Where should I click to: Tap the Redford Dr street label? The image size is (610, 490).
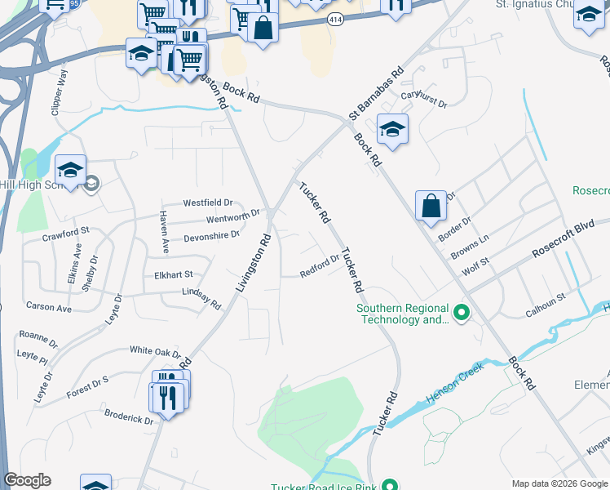(320, 266)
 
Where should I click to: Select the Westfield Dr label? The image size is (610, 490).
(208, 203)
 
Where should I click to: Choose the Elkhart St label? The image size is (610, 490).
(173, 275)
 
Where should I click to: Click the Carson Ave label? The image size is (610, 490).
(49, 308)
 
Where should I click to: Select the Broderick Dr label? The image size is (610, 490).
(129, 416)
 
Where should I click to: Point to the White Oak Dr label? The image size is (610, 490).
(155, 351)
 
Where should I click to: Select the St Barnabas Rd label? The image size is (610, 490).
(377, 94)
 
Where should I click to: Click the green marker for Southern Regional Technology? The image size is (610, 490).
(461, 313)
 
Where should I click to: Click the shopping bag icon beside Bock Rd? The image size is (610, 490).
(431, 206)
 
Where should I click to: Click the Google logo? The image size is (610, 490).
(28, 481)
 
